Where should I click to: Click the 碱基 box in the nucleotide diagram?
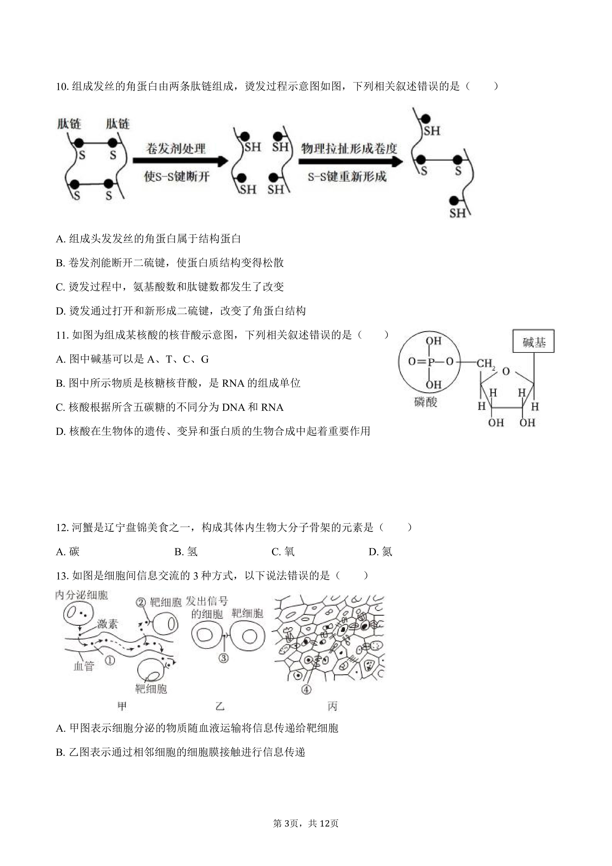[x=533, y=341]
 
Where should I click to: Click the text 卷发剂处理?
[x=176, y=148]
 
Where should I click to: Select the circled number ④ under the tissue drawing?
[x=306, y=690]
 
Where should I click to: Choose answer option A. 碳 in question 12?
[x=68, y=552]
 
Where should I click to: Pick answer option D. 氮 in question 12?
[x=380, y=552]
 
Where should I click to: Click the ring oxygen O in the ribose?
[x=506, y=371]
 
